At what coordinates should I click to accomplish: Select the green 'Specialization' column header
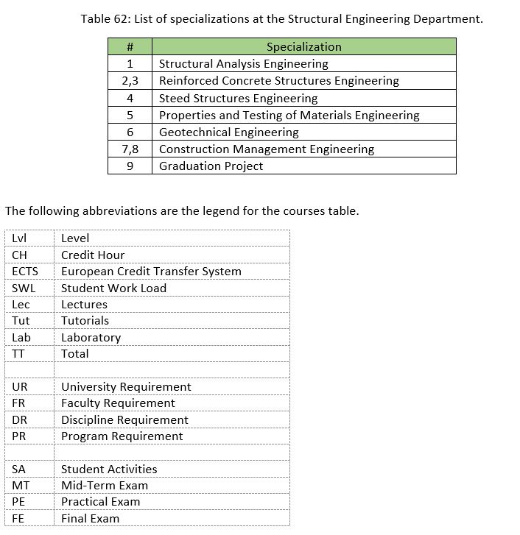[x=303, y=47]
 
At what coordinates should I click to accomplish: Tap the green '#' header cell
[x=130, y=47]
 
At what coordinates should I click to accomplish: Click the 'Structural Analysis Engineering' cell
[x=243, y=64]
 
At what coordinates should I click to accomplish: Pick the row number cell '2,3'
[x=130, y=81]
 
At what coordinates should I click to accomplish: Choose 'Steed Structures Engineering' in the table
[x=238, y=98]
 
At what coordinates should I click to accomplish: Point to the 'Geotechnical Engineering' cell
[x=228, y=132]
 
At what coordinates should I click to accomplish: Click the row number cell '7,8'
[x=130, y=149]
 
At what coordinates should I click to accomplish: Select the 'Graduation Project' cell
[x=211, y=166]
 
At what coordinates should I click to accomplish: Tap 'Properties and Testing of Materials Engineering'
[x=289, y=116]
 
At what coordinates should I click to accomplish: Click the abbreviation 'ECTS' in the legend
[x=25, y=272]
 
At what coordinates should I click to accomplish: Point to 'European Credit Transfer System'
[x=151, y=272]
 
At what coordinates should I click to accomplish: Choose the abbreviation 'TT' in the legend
[x=18, y=354]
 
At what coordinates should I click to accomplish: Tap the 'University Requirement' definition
[x=126, y=387]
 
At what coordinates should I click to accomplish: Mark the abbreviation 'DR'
[x=19, y=420]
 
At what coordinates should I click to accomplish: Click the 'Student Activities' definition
[x=109, y=470]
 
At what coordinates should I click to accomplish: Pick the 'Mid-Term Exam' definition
[x=105, y=486]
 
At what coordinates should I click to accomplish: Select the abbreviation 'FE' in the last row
[x=18, y=519]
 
